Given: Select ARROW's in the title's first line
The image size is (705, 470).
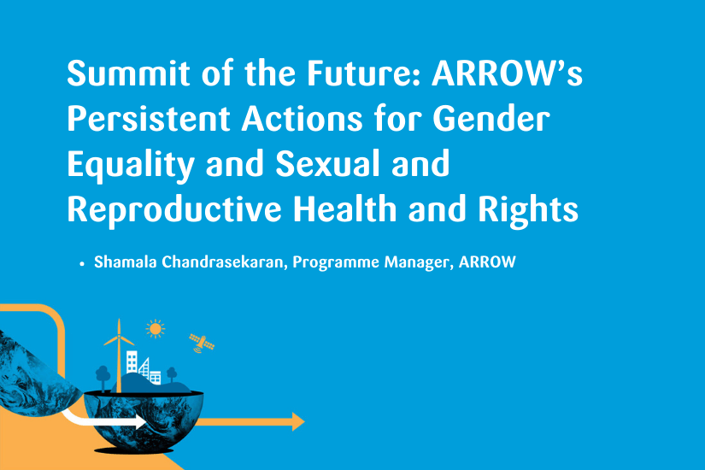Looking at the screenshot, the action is tap(507, 73).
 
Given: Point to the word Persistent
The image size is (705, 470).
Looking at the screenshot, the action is tap(149, 119).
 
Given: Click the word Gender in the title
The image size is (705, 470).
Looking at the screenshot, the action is tap(491, 119).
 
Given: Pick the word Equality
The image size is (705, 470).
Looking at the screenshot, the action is tap(131, 166).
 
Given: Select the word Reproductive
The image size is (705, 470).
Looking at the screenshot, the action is tap(174, 210).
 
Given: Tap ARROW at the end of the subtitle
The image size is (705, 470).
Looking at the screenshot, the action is tap(487, 261).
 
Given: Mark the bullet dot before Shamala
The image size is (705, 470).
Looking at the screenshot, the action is tap(82, 264).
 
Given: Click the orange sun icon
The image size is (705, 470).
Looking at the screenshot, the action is tap(156, 329).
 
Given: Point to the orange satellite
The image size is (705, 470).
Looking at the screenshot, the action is tap(202, 344).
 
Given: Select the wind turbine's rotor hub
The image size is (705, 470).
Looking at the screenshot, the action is tap(119, 337).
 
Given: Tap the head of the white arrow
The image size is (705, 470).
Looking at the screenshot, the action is tap(140, 422).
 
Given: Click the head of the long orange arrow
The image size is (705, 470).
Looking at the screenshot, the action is tap(298, 421).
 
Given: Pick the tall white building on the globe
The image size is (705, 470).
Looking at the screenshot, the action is tap(132, 362).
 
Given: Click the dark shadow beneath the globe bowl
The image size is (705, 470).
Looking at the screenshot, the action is tap(133, 449).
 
